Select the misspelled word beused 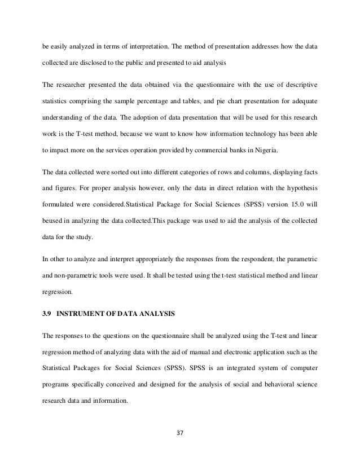coord(54,239)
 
